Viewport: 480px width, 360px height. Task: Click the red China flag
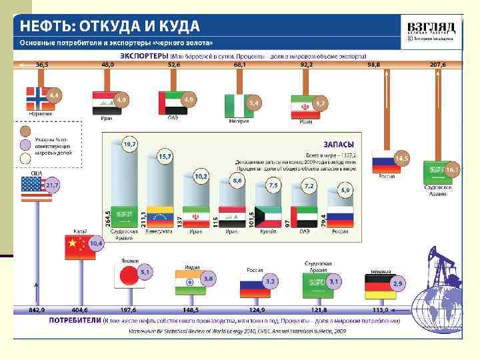[x=75, y=247]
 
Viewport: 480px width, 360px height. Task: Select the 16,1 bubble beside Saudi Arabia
[x=452, y=170]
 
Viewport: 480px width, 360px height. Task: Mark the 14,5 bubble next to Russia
[x=401, y=159]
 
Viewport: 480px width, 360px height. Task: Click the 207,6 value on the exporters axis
[x=437, y=65]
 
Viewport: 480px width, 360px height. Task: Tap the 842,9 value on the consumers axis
[x=37, y=310]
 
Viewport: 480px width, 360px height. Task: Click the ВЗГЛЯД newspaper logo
[x=431, y=28]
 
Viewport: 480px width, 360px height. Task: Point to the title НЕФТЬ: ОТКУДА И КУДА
[x=109, y=27]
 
